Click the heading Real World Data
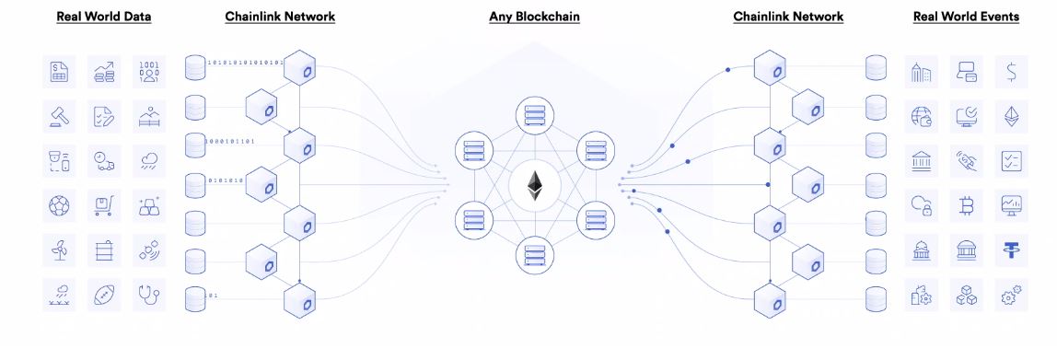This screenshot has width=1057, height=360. click(104, 17)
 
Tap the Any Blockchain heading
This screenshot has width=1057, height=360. click(534, 17)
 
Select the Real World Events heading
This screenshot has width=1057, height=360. click(966, 17)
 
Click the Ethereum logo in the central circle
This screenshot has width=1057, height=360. click(534, 186)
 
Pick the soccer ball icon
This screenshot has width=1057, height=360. click(59, 206)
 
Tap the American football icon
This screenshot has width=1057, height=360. click(104, 295)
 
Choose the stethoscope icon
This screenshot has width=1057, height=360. click(149, 295)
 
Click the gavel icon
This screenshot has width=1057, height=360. click(59, 117)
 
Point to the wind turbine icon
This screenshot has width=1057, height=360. click(59, 250)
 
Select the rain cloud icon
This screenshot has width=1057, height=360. click(149, 162)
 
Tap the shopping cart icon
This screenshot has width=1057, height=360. click(104, 206)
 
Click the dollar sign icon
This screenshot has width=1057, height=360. click(1011, 72)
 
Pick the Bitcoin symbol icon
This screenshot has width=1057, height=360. click(967, 206)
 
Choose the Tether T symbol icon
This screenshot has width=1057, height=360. click(1011, 250)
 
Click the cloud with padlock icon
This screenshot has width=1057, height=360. click(922, 206)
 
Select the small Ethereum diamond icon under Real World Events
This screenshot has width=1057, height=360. click(1011, 117)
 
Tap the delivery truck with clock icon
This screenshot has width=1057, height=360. click(104, 162)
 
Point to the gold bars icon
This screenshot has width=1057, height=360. click(149, 206)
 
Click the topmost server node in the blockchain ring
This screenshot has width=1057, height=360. click(534, 117)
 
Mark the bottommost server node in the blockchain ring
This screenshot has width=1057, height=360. click(534, 252)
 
